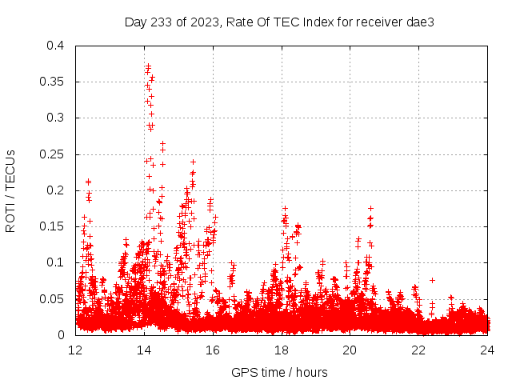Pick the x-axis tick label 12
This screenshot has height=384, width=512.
point(75,350)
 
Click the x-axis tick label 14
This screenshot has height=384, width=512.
point(144,350)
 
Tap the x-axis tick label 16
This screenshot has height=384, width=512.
point(213,350)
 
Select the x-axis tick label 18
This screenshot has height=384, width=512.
point(282,350)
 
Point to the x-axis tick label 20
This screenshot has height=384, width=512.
point(350,350)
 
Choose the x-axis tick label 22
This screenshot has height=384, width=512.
point(418,350)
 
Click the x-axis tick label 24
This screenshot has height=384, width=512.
point(487,350)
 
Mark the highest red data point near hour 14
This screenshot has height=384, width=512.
point(148,66)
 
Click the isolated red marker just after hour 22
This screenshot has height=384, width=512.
point(432,280)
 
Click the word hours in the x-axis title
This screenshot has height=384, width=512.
point(311,372)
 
